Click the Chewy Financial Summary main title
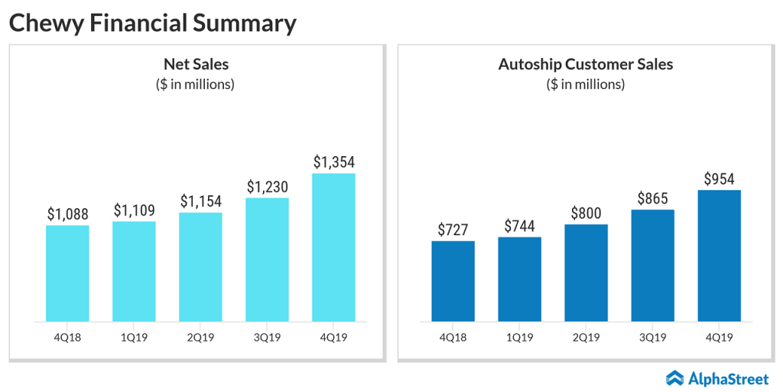pos(152,23)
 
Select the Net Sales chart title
pos(196,64)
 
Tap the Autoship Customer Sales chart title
pos(586,64)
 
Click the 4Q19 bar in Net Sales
pos(333,247)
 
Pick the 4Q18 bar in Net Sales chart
pos(67,273)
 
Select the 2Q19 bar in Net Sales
pos(200,266)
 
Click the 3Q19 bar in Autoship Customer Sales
pos(652,265)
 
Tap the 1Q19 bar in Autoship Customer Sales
pos(519,279)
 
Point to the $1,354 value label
pos(333,162)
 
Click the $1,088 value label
pos(67,214)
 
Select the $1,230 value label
pos(267,187)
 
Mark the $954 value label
pos(719,179)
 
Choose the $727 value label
pos(453,230)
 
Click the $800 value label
pos(586,213)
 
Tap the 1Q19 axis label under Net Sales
pos(134,337)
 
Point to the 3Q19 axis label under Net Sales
pos(267,337)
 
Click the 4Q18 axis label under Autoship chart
pos(453,337)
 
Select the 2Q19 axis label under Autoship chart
pos(586,337)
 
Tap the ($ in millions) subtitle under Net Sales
pos(196,84)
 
